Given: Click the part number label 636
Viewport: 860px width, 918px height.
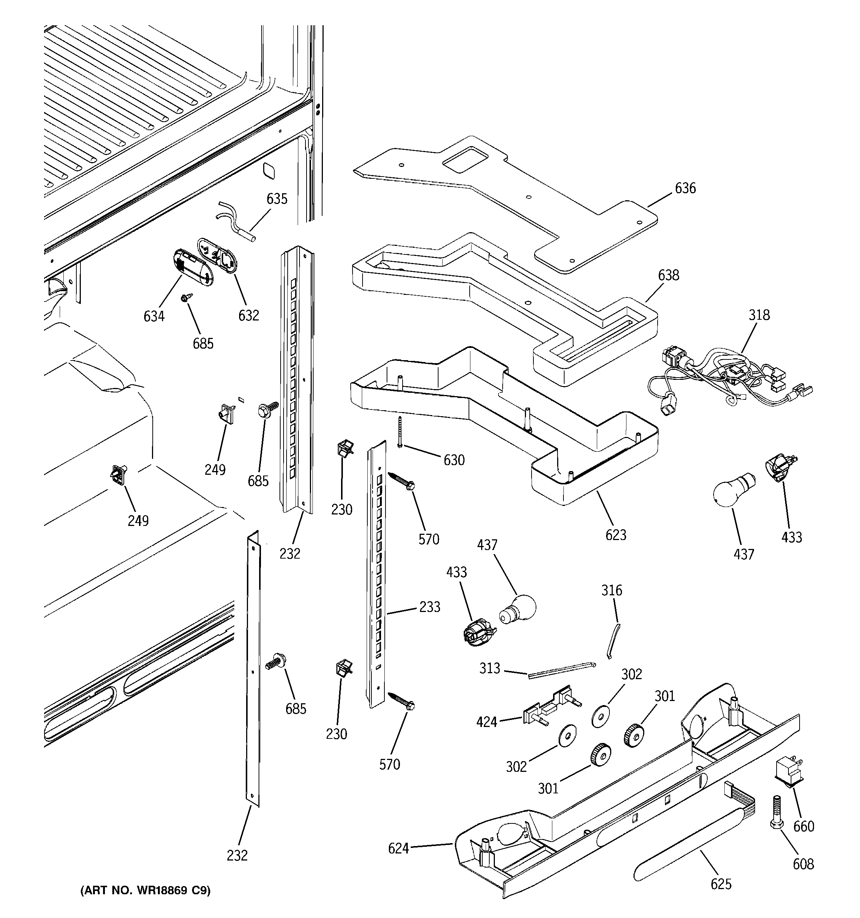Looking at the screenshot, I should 685,188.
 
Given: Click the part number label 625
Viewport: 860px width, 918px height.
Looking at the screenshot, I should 721,884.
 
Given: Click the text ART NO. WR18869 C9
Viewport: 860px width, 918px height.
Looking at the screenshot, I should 145,890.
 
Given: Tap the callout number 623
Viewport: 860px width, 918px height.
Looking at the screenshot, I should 616,535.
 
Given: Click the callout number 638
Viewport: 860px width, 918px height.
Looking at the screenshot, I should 668,275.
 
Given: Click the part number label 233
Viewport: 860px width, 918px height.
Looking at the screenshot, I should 429,607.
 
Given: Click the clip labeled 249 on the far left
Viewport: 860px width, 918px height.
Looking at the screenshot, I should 119,475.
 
